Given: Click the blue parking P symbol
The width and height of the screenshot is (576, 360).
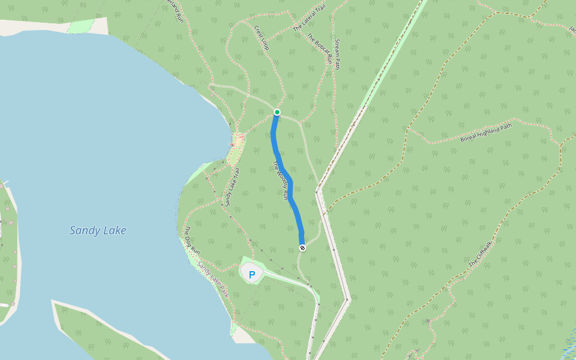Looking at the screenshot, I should tap(252, 275).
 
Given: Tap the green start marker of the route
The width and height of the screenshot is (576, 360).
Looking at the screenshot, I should tap(277, 112).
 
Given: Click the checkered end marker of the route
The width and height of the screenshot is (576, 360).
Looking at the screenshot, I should tap(302, 248).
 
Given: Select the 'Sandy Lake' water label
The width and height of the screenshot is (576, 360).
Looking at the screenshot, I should tap(98, 230).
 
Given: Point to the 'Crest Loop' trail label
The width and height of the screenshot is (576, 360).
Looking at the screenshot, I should tap(262, 37).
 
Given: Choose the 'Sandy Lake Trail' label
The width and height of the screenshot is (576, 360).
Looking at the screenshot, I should tap(232, 186).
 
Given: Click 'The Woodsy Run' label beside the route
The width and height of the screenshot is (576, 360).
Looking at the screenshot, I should tap(281, 180).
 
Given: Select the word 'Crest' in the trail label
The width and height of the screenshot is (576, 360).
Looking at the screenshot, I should tap(259, 32).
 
